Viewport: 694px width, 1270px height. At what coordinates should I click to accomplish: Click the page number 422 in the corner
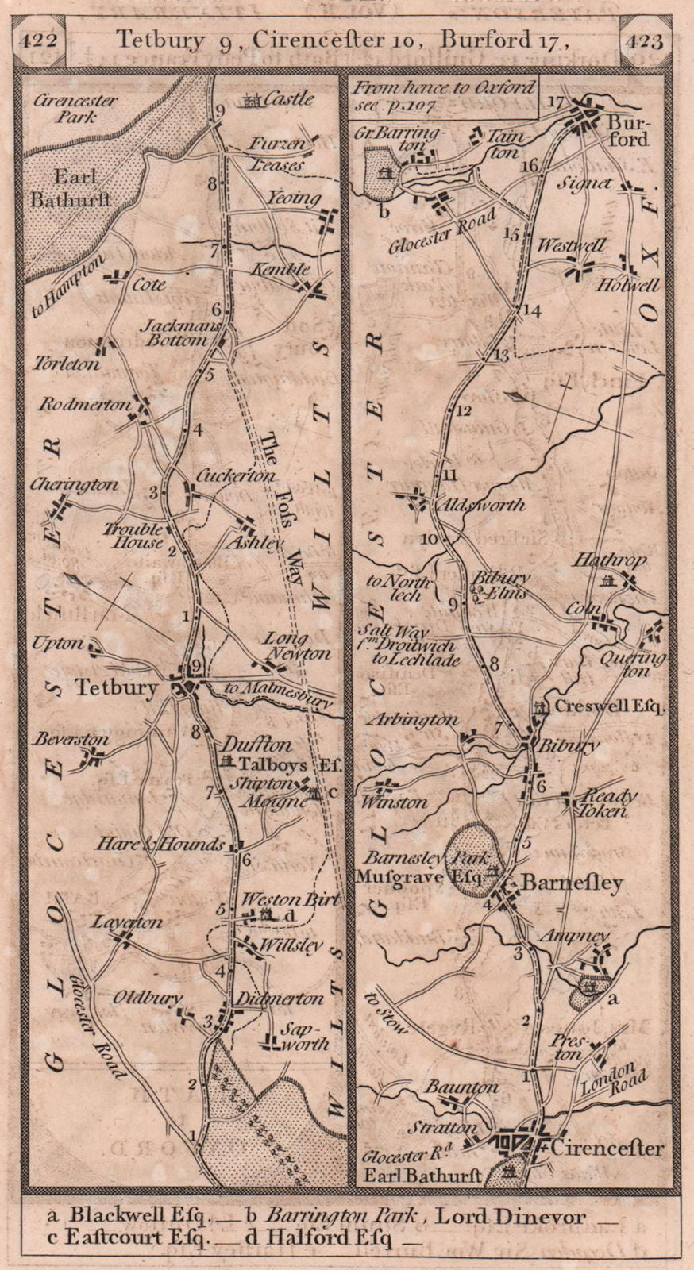tap(40, 40)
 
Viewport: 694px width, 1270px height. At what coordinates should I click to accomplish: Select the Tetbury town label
tap(116, 687)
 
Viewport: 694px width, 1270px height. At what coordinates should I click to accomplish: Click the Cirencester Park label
tap(76, 109)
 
